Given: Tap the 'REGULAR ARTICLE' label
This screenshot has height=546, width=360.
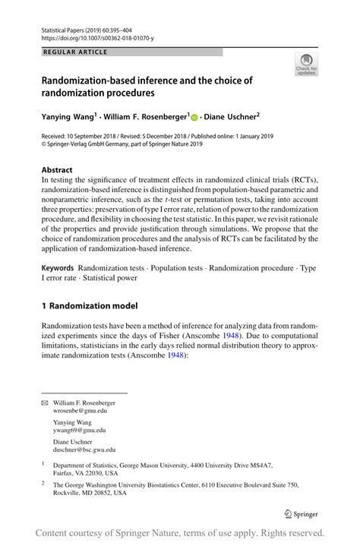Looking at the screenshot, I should pyautogui.click(x=76, y=52).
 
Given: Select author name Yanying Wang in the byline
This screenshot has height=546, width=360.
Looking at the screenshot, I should pyautogui.click(x=68, y=117).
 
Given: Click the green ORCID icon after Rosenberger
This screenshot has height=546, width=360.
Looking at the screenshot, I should pyautogui.click(x=194, y=118).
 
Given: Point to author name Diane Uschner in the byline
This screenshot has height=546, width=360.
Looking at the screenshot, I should pyautogui.click(x=229, y=117).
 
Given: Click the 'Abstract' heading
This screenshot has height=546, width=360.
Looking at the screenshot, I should pyautogui.click(x=58, y=170).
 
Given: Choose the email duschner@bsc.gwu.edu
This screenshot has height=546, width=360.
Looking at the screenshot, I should pyautogui.click(x=84, y=450).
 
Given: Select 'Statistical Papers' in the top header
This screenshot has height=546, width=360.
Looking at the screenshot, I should pyautogui.click(x=62, y=27).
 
